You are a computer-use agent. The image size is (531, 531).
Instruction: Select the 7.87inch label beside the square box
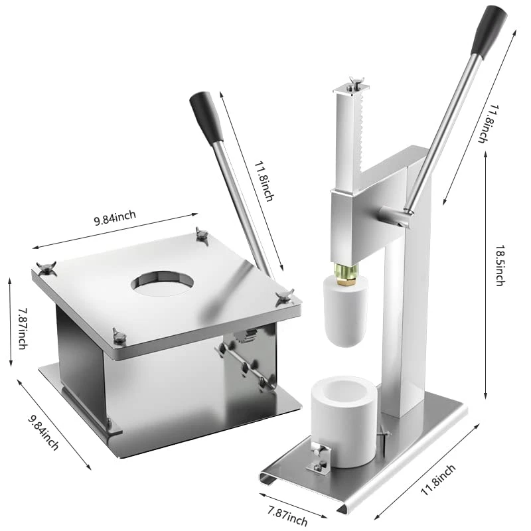click(23, 328)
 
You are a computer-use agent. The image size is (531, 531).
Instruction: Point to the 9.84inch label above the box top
click(115, 218)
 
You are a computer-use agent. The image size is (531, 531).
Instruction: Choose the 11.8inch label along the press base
click(438, 480)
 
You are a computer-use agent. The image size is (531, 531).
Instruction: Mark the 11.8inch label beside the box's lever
click(264, 181)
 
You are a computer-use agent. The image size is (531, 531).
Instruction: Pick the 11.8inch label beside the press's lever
click(488, 124)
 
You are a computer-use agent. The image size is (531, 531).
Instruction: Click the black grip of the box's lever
click(206, 117)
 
